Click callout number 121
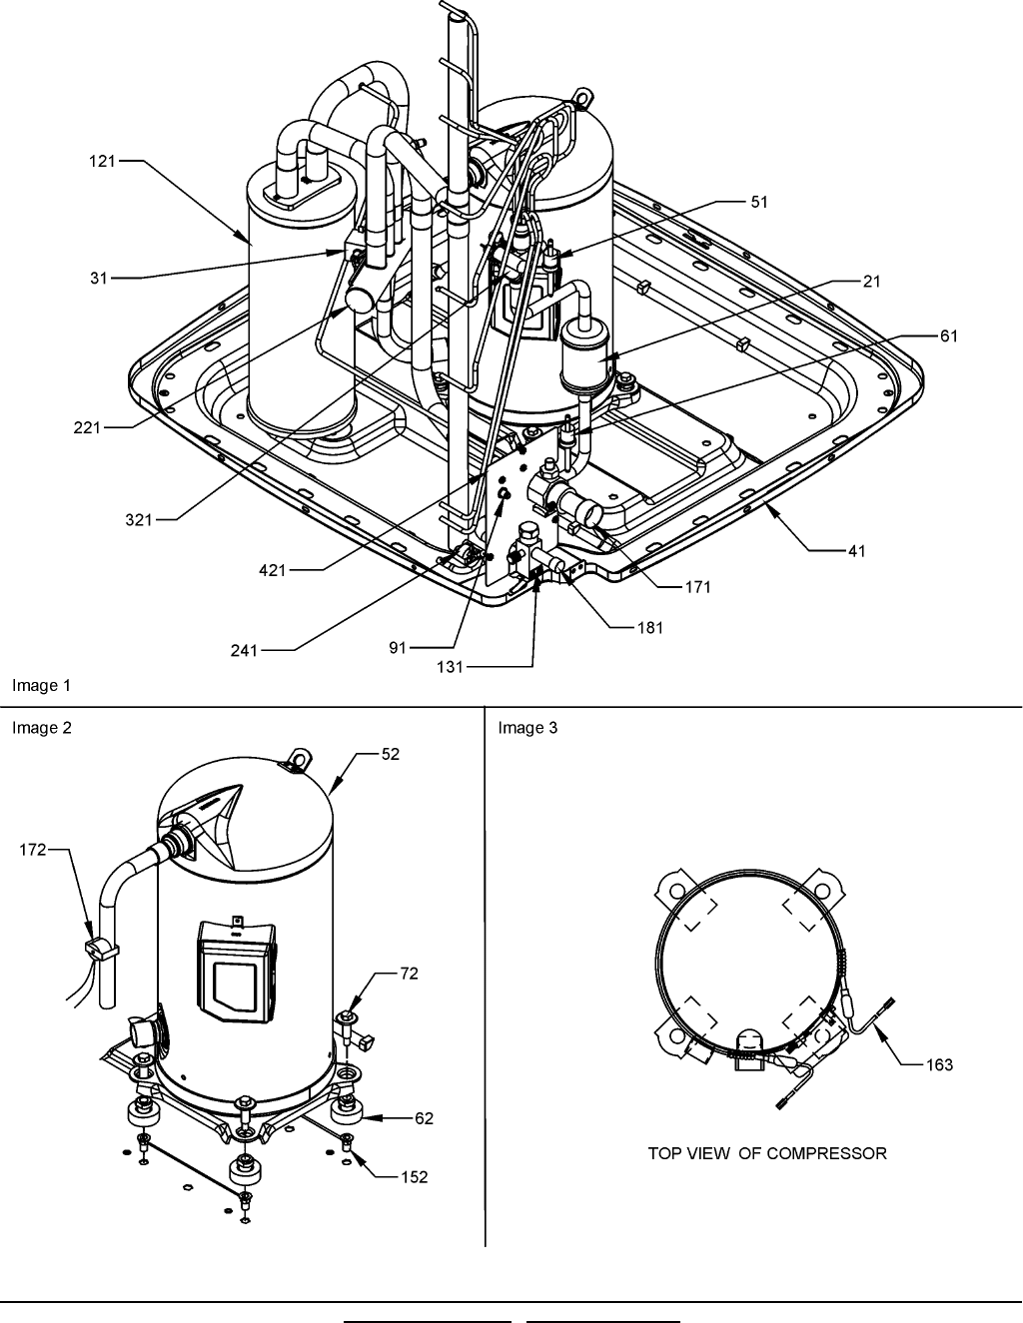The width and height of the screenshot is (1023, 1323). pos(102,162)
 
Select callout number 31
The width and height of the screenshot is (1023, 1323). pos(99,279)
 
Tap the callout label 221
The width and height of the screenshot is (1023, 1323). pos(87,428)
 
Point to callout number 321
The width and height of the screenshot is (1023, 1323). pos(139,520)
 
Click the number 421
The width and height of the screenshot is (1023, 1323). pos(272,570)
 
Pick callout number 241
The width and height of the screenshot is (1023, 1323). pos(244,651)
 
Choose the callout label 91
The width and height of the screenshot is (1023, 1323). pos(398,648)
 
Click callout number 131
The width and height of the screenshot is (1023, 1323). pos(450,667)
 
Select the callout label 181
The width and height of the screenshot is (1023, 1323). pos(650,628)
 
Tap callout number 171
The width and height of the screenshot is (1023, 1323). pos(698,587)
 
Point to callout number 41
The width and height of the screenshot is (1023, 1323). pos(857,551)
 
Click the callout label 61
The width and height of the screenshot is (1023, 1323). pos(949,336)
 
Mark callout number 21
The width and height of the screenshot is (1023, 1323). pos(872,282)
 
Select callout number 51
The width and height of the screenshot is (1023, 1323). pos(759,202)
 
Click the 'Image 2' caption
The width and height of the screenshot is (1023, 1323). pos(42,728)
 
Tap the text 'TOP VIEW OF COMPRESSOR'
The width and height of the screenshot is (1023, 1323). pos(767,1153)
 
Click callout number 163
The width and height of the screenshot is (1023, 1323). pos(939,1064)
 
